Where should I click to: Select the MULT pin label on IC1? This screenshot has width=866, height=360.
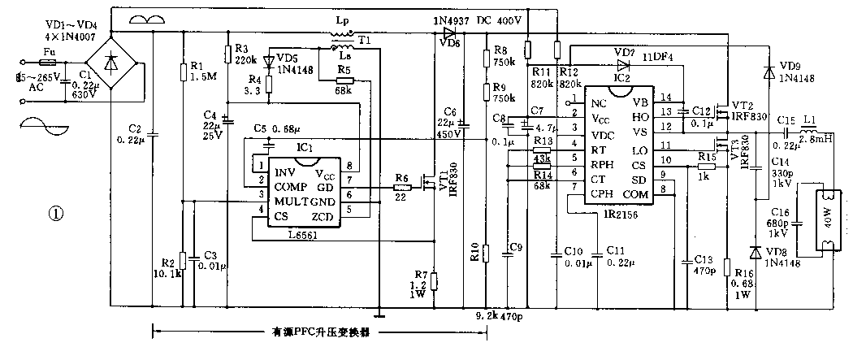[290, 201]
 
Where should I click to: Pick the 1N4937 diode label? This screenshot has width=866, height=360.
[448, 20]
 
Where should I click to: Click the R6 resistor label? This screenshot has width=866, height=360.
[401, 177]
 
